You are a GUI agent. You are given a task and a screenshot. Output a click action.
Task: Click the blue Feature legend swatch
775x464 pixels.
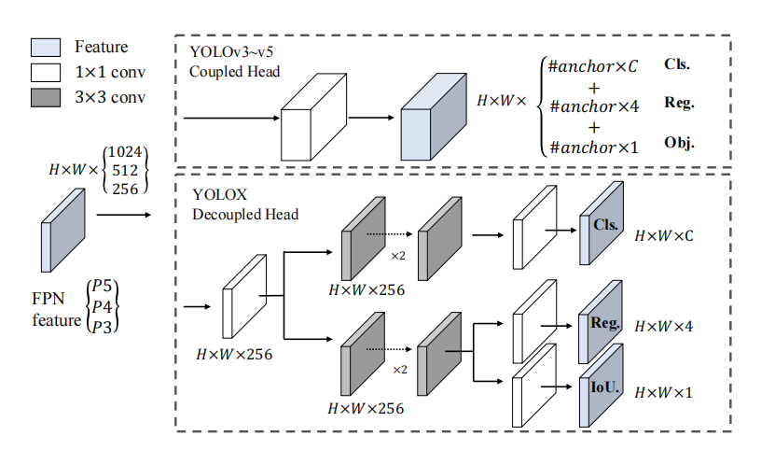(48, 47)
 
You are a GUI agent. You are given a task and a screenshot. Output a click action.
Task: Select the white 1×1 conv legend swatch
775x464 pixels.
(48, 70)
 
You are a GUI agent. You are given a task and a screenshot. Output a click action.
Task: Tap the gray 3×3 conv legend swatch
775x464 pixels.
(48, 95)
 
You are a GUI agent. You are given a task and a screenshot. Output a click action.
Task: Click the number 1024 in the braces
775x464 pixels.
(127, 152)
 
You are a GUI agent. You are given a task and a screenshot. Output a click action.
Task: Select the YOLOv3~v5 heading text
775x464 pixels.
(228, 54)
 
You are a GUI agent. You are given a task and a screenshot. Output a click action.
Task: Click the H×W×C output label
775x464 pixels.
(664, 236)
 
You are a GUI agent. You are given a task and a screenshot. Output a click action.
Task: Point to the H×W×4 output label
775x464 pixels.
(664, 327)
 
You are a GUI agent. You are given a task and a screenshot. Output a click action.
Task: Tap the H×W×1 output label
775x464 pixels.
(664, 392)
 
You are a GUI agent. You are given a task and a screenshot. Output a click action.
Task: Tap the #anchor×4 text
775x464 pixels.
(594, 105)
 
